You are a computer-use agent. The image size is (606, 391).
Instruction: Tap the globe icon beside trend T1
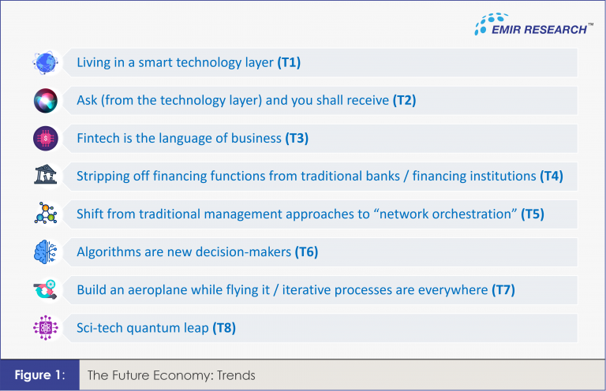[x=46, y=62]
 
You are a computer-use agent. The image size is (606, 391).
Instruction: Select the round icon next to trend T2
[x=46, y=100]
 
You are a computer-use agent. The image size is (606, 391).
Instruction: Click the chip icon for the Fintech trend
[x=46, y=138]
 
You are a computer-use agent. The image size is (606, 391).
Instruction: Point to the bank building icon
[x=46, y=176]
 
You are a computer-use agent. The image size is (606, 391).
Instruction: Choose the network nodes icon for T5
[x=46, y=214]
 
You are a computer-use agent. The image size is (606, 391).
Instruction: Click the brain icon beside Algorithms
[x=46, y=251]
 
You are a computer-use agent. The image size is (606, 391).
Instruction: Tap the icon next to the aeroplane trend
[x=46, y=289]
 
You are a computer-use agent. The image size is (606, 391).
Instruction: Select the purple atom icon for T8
[x=46, y=327]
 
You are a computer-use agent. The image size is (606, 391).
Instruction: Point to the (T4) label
[x=552, y=176]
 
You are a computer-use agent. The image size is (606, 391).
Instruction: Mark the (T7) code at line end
[x=503, y=289]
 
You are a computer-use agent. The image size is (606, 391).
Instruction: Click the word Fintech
[x=99, y=138]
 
